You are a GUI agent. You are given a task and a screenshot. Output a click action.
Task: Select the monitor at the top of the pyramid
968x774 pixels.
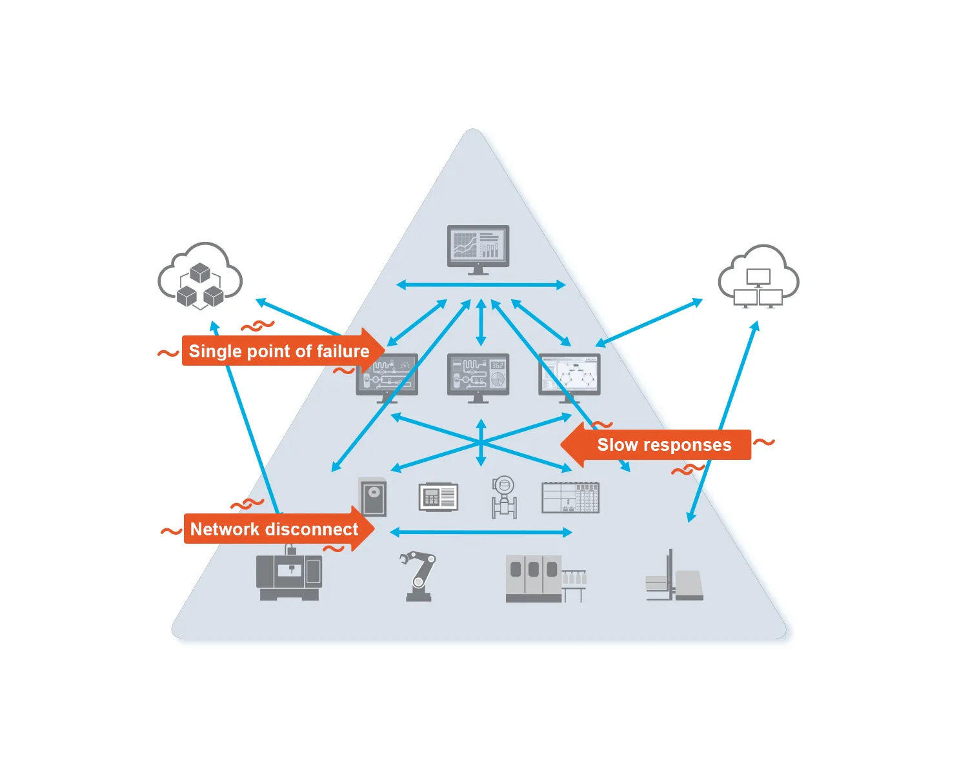tap(478, 248)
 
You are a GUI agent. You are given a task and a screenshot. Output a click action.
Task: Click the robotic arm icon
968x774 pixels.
tap(418, 576)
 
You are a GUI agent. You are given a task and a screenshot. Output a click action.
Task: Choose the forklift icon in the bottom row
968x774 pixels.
tap(674, 577)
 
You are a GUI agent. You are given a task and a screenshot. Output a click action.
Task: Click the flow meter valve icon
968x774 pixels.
tap(503, 497)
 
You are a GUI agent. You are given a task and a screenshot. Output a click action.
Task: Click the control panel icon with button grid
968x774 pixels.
tap(570, 497)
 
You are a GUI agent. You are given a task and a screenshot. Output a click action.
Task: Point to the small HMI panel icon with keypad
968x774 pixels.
tap(438, 497)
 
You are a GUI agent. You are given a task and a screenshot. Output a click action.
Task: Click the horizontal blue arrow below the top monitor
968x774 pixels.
tap(481, 284)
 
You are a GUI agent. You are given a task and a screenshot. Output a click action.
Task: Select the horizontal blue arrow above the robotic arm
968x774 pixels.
tap(481, 532)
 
